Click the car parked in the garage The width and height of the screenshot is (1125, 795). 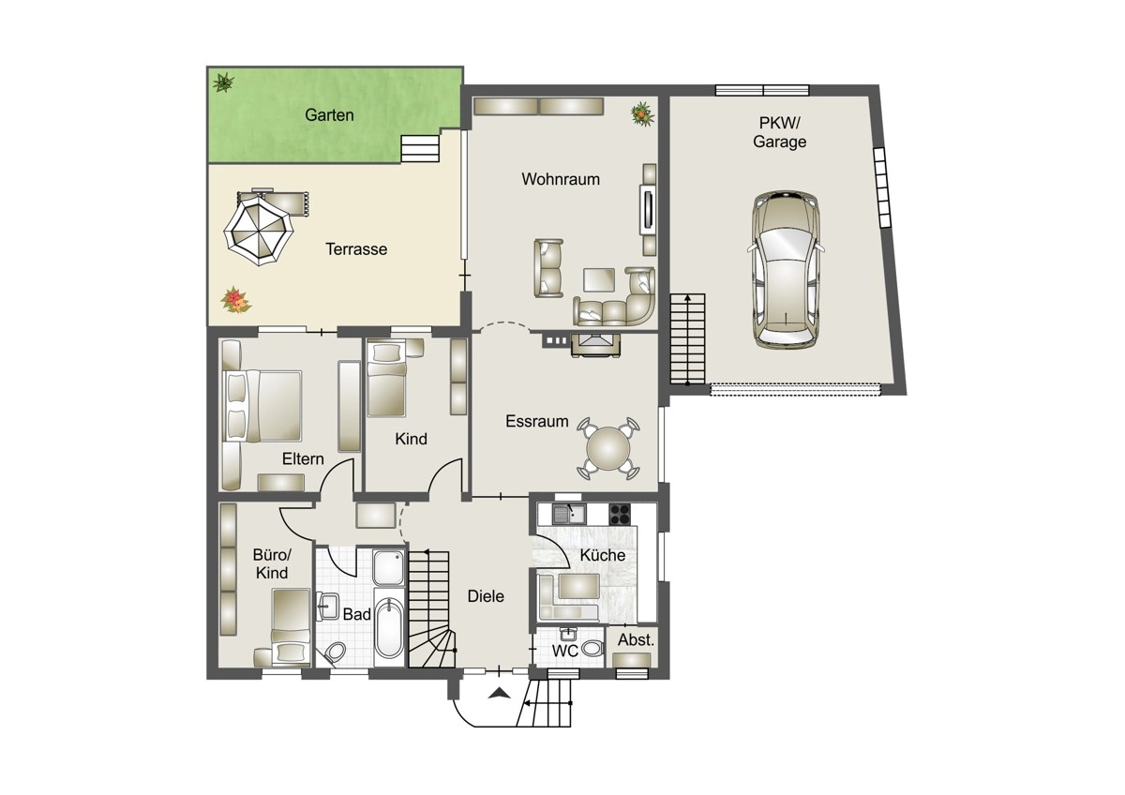pyautogui.click(x=786, y=270)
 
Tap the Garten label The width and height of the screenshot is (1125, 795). pyautogui.click(x=329, y=115)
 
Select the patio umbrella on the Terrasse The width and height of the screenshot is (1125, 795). pyautogui.click(x=258, y=231)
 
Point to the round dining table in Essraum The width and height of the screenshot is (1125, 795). pyautogui.click(x=608, y=448)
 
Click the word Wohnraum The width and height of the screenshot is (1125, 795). pyautogui.click(x=561, y=179)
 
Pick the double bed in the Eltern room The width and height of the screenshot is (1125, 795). pyautogui.click(x=262, y=406)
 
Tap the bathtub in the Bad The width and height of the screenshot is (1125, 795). pyautogui.click(x=389, y=627)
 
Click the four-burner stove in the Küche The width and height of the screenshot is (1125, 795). pyautogui.click(x=621, y=514)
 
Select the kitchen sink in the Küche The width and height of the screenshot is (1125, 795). pyautogui.click(x=569, y=514)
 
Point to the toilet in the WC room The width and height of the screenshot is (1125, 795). pyautogui.click(x=593, y=648)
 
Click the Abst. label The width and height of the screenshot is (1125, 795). pyautogui.click(x=636, y=639)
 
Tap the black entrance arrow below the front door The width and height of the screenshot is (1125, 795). pyautogui.click(x=499, y=693)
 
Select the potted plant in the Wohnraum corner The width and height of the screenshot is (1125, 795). pyautogui.click(x=643, y=113)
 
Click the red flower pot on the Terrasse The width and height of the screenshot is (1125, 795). pyautogui.click(x=235, y=300)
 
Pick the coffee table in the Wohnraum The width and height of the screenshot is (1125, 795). pyautogui.click(x=599, y=279)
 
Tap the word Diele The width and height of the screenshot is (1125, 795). pyautogui.click(x=486, y=596)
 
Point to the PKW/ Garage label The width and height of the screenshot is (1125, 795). pyautogui.click(x=779, y=132)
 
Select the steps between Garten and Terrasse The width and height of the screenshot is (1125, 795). pyautogui.click(x=420, y=148)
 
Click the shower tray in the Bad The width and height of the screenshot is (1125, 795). pyautogui.click(x=389, y=567)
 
